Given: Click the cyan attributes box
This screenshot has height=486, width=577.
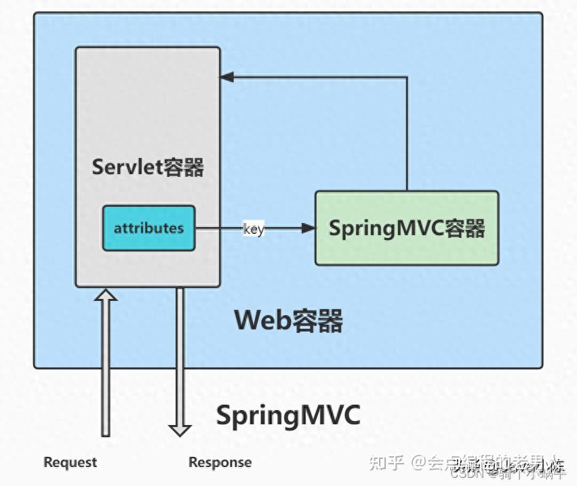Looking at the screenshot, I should pos(148,228).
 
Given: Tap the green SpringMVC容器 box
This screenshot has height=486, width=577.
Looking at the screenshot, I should pos(407,228).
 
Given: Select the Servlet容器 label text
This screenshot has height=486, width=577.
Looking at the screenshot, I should pos(148,167).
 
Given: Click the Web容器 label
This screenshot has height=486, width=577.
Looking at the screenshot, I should pos(288,320).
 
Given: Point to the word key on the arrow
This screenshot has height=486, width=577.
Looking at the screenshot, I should pos(254,229).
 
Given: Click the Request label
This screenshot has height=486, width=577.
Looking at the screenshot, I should pos(71,462).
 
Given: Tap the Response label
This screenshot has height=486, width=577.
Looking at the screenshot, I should pos(220,462).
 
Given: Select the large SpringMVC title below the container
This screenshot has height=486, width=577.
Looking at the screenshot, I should pos(288,415).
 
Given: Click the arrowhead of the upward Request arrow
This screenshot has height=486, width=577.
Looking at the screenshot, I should pos(105,295).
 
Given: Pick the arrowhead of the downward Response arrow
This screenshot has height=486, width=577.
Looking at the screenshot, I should pos(180,430).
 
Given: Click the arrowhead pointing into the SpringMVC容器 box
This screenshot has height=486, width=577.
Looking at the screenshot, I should pos(309,228).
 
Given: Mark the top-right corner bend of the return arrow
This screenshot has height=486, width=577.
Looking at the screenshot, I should pos(407,77).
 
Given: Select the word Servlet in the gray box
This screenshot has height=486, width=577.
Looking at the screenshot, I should pos(126,167).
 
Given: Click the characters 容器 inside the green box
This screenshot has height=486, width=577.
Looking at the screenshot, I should pos(465,228).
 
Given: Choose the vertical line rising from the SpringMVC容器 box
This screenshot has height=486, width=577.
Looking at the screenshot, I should pos(407,136).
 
